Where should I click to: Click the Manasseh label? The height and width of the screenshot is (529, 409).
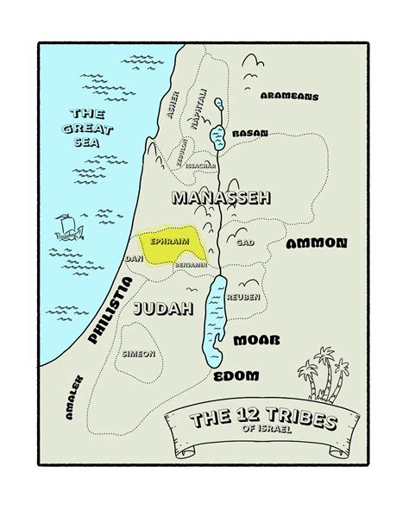[x=221, y=198]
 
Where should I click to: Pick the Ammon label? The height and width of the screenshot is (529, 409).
[x=317, y=243]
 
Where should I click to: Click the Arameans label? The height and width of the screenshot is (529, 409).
[x=289, y=97]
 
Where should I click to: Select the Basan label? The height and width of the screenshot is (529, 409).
[x=249, y=134]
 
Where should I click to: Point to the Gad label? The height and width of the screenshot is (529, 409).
[x=244, y=243]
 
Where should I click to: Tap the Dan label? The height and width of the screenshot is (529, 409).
[x=134, y=258]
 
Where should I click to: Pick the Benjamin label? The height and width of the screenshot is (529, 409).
[x=192, y=265]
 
